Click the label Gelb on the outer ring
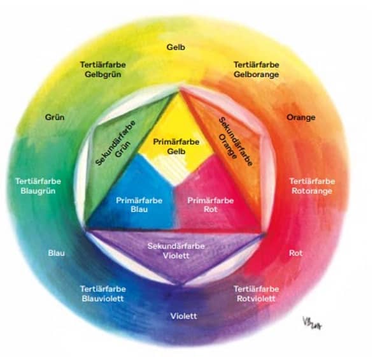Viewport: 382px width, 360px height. (176, 47)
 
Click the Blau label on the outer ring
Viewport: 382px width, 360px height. (57, 253)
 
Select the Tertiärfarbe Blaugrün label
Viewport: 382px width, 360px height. (38, 185)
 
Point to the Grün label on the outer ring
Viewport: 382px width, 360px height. (54, 117)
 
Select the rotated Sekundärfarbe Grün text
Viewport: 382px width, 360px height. (119, 141)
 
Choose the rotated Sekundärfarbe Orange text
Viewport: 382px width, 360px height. (235, 141)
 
